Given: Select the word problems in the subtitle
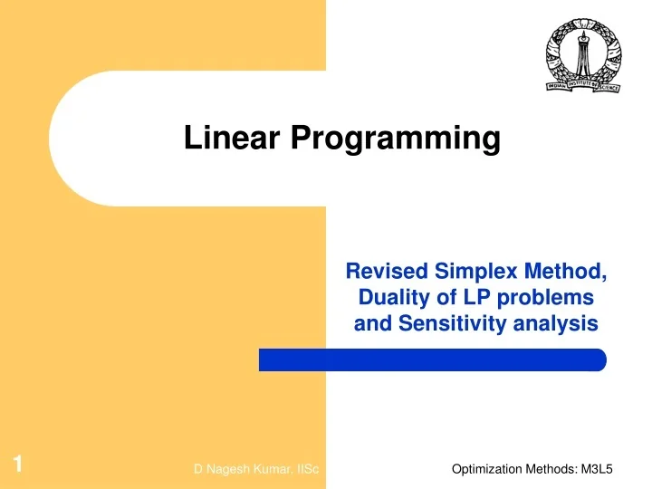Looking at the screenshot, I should tap(543, 297).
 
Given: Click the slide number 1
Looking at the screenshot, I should tap(17, 465).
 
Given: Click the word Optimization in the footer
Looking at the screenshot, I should tap(485, 468).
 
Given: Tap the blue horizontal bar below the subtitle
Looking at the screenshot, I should tap(432, 360).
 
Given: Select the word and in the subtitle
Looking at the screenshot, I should tap(369, 324).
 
